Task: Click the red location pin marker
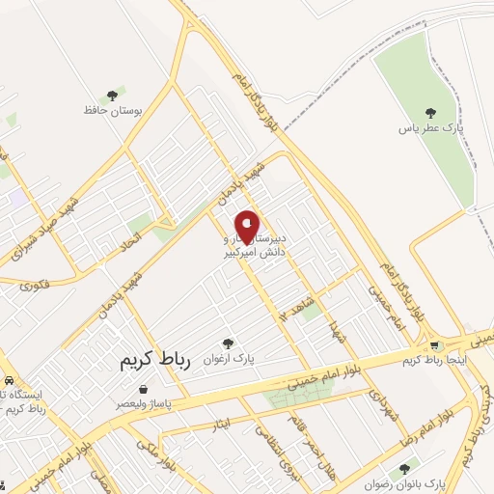247,227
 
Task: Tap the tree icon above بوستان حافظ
112,96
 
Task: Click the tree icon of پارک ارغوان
228,343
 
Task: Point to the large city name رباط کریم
158,361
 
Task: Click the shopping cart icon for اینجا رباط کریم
434,345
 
